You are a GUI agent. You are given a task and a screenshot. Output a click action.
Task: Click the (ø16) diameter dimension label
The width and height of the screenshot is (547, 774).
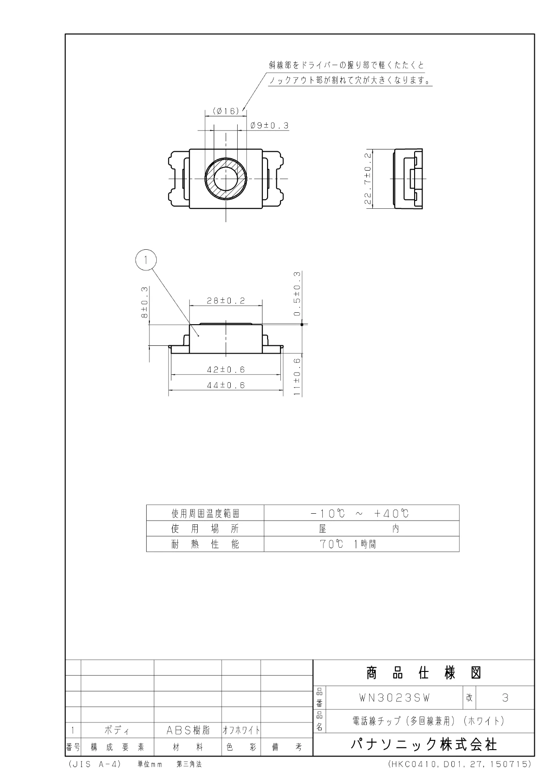226,111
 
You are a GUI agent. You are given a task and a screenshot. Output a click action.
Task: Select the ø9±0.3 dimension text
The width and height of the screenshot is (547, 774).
269,126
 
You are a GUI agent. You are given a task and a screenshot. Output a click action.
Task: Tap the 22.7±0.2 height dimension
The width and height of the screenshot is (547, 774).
368,178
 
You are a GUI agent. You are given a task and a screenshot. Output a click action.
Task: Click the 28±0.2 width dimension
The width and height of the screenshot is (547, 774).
226,301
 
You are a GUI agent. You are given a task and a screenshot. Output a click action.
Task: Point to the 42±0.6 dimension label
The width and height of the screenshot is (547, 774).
226,369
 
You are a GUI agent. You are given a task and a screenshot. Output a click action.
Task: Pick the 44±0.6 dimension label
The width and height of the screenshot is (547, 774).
226,385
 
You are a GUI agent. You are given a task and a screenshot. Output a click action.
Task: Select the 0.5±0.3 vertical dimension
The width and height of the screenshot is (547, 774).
297,294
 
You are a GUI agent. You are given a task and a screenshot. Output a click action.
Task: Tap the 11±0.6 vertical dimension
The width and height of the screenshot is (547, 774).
297,376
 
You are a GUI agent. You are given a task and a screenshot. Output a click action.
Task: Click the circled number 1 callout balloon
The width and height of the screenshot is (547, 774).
146,260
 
